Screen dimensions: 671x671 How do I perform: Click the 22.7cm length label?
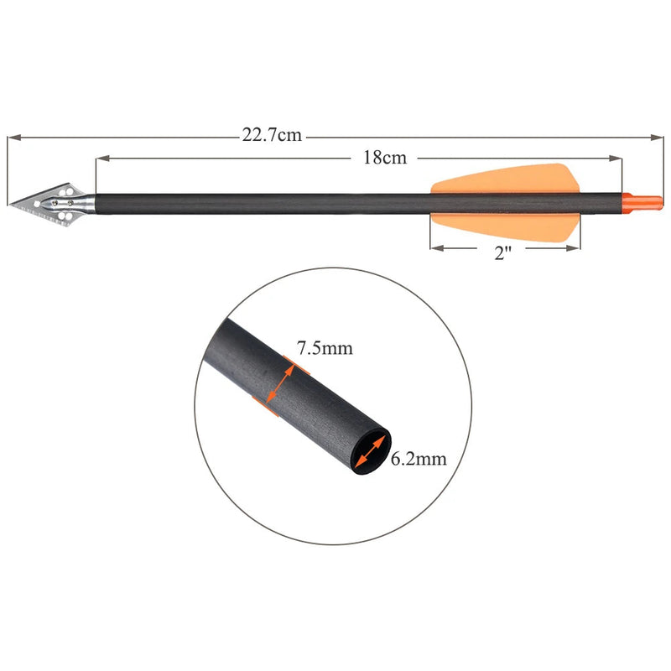(x=272, y=135)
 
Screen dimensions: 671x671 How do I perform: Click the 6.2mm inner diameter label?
(x=417, y=458)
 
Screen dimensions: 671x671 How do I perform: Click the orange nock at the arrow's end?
(x=643, y=200)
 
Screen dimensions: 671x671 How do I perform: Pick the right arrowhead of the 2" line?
(x=574, y=247)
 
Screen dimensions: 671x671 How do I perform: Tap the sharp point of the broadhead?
(x=10, y=203)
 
